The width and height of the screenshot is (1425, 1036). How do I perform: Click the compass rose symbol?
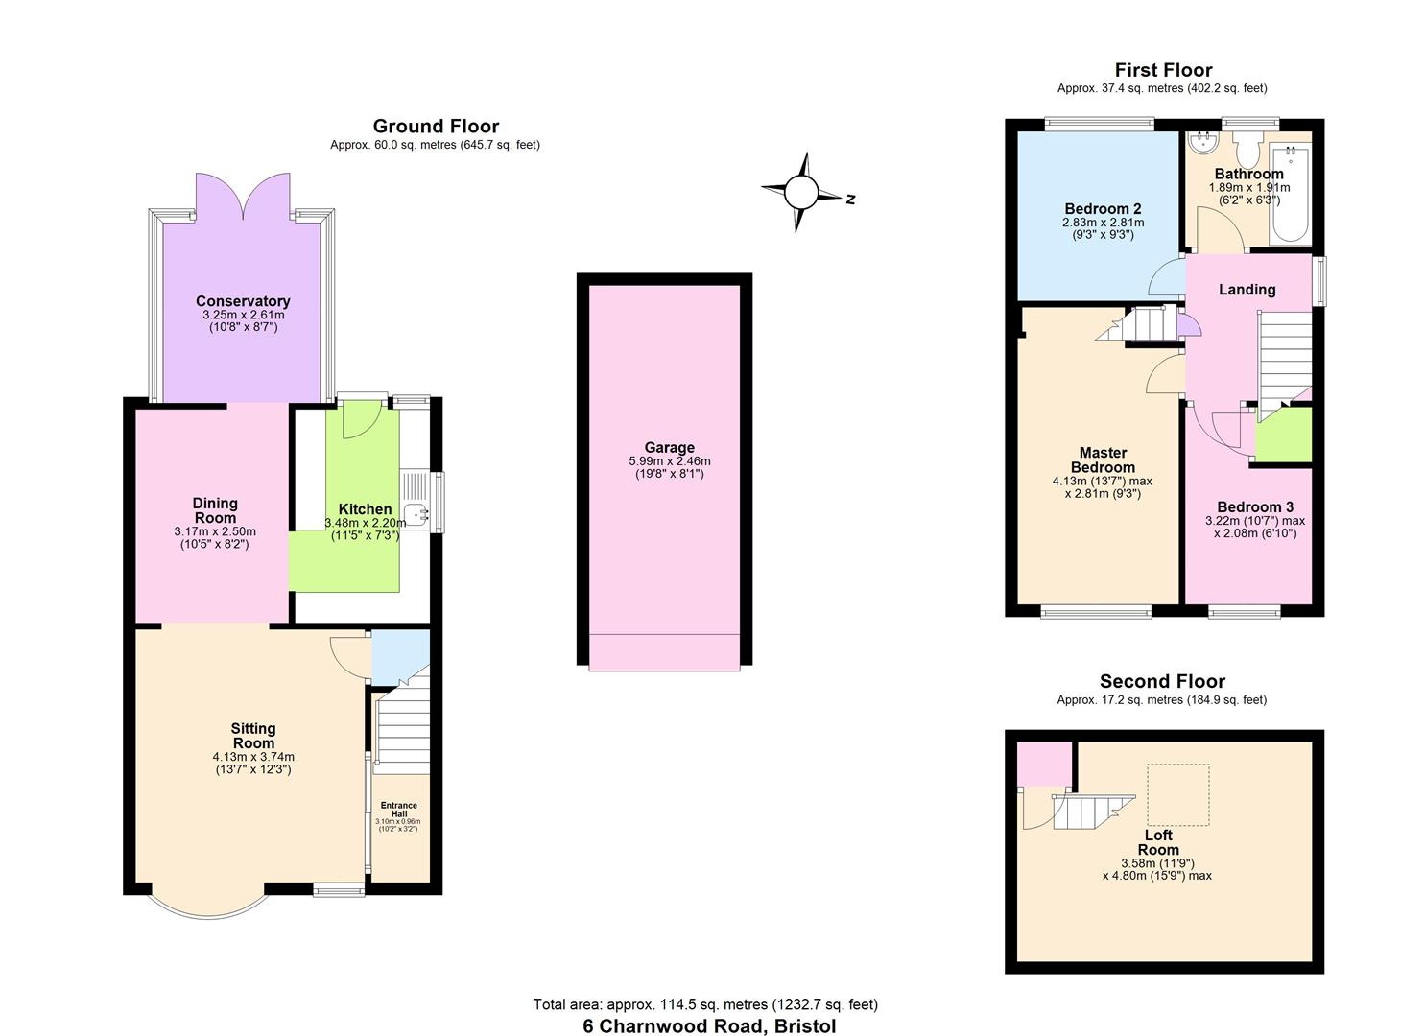point(798,193)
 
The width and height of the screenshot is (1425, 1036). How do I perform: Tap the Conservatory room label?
point(243,301)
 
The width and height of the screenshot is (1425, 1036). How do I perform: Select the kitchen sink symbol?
point(417,515)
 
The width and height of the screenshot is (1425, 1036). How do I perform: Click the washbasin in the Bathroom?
point(1201,144)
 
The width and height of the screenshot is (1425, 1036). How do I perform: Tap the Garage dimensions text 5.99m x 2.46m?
point(669,461)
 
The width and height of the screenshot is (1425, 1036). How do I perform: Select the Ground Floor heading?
point(436,127)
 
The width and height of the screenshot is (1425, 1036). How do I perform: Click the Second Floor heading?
point(1162,681)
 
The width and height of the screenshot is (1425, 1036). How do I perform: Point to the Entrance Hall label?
point(398,810)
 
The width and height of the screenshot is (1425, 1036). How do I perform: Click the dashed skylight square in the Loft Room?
point(1177,794)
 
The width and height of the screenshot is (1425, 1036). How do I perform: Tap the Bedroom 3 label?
point(1255,506)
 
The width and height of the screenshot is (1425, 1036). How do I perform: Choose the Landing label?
point(1247,290)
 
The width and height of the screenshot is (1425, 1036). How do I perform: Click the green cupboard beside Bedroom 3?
point(1284,435)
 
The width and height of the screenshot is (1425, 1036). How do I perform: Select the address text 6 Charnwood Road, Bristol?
point(709,1025)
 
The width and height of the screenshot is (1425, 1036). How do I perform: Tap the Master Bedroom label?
point(1103,459)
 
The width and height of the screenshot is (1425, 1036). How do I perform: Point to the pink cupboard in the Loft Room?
point(1044,763)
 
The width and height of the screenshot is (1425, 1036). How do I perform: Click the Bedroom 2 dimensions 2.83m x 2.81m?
point(1103,223)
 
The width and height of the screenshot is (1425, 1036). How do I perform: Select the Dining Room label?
point(215,510)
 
